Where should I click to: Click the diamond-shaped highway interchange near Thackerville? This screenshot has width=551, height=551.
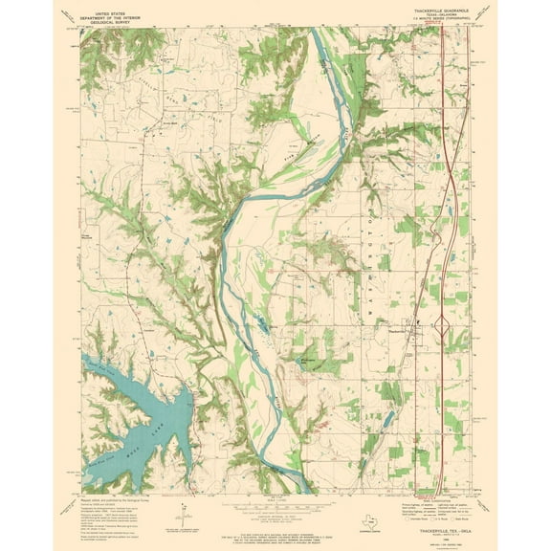click(442, 324)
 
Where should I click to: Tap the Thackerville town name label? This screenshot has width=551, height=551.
click(407, 330)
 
